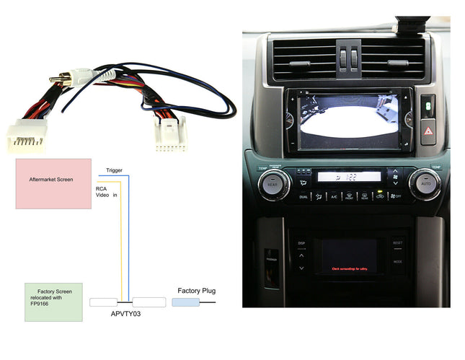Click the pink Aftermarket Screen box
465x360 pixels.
53,184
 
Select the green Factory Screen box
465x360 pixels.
53,301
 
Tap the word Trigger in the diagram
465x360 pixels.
114,170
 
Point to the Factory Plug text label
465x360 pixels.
196,291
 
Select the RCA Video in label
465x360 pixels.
106,192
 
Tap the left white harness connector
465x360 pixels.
25,135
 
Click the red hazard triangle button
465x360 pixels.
427,132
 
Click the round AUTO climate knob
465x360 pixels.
424,184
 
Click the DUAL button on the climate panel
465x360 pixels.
304,196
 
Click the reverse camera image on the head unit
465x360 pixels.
350,120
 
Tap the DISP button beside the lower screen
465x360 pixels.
301,244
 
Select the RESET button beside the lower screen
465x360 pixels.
397,244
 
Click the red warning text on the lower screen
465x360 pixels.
350,268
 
